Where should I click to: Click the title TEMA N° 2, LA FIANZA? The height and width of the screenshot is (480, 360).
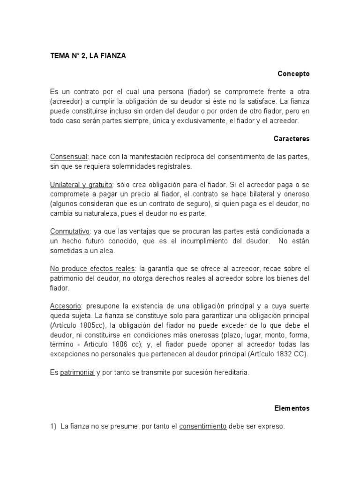coord(88,56)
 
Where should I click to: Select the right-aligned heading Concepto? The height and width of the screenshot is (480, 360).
coord(293,74)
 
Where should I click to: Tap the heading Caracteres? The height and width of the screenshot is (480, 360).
coord(292,139)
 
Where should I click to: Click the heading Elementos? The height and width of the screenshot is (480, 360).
coord(292,408)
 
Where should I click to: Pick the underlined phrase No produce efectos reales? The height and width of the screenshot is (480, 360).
coord(93,269)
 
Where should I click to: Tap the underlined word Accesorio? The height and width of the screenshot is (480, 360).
coord(67,306)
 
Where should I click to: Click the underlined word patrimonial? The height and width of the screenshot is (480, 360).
coord(77,373)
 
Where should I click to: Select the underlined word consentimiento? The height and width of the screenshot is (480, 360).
coord(203,427)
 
